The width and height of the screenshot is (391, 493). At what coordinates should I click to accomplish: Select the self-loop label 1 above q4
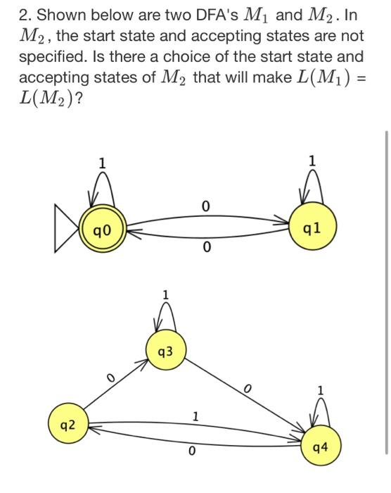click(x=321, y=389)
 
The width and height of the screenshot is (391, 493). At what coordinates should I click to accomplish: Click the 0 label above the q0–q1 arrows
click(x=204, y=206)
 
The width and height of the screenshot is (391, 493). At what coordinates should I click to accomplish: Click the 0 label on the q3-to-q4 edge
click(x=245, y=388)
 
